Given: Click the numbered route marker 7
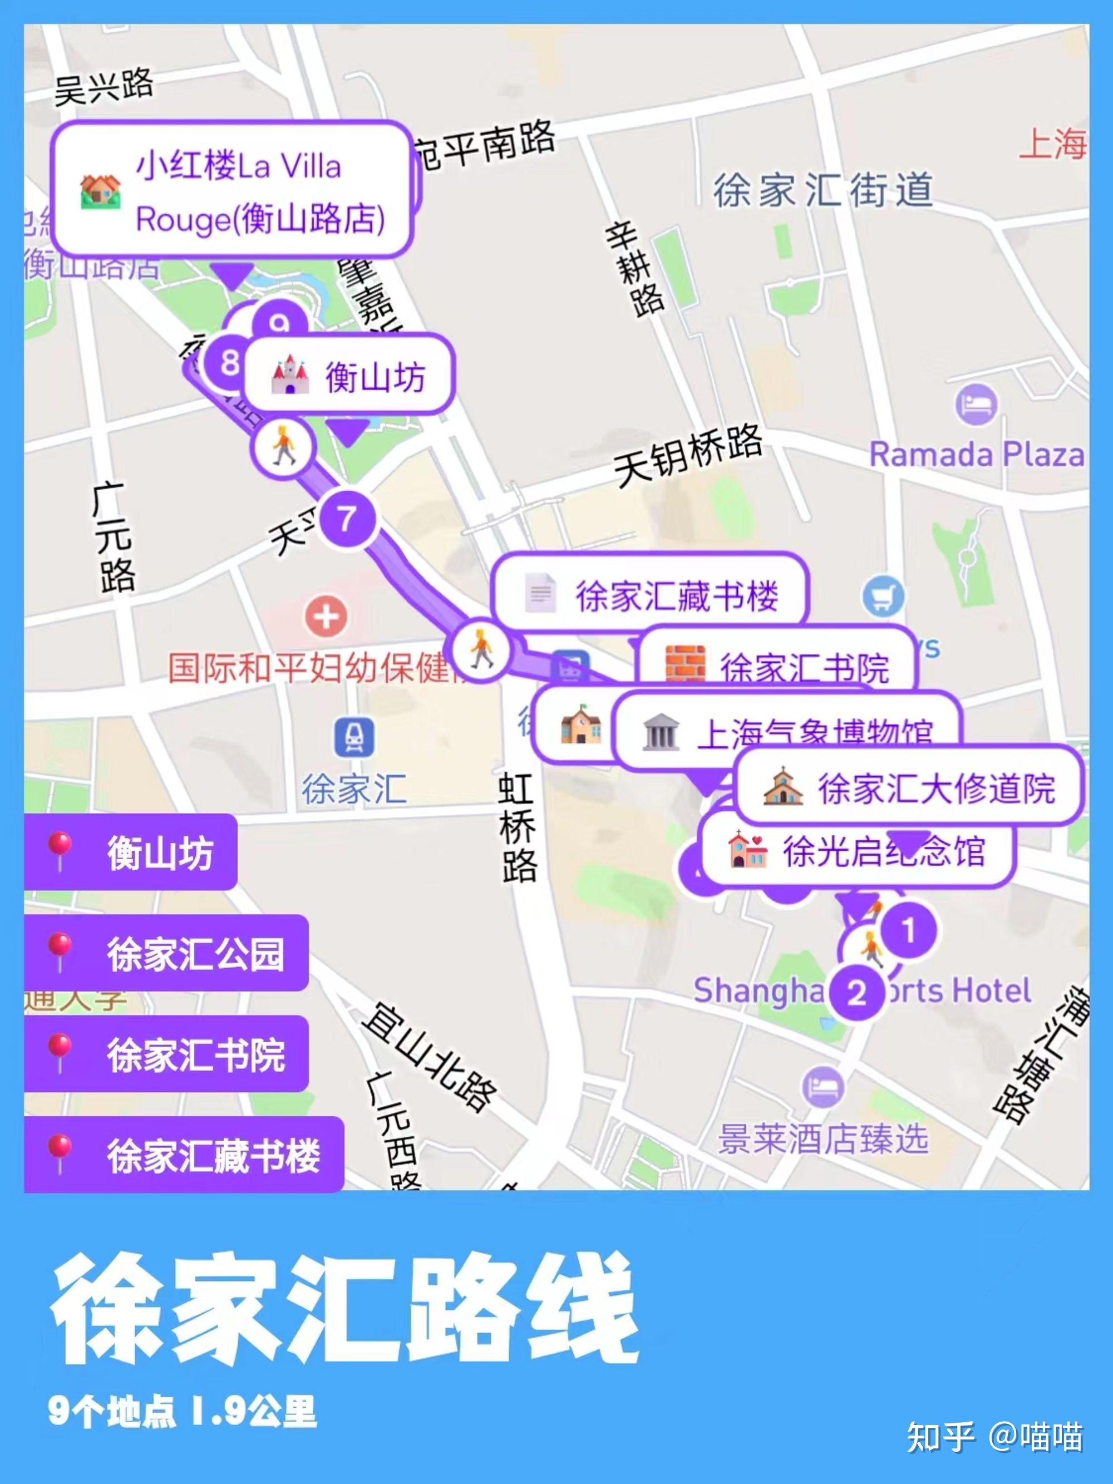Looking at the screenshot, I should click(346, 519).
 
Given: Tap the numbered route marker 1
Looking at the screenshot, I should click(908, 930).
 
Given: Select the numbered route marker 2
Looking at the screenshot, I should click(856, 993).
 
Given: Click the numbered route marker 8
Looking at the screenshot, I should click(229, 363).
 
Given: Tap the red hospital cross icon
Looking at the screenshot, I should click(326, 617).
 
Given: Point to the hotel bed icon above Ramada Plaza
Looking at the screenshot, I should click(976, 405).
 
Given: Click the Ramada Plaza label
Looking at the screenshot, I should click(976, 455).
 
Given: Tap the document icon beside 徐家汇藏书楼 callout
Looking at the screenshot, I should click(540, 593).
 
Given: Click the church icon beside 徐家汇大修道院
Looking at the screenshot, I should click(782, 787).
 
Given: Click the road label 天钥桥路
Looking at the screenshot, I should click(688, 456).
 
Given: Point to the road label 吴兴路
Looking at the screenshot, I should click(104, 87).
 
